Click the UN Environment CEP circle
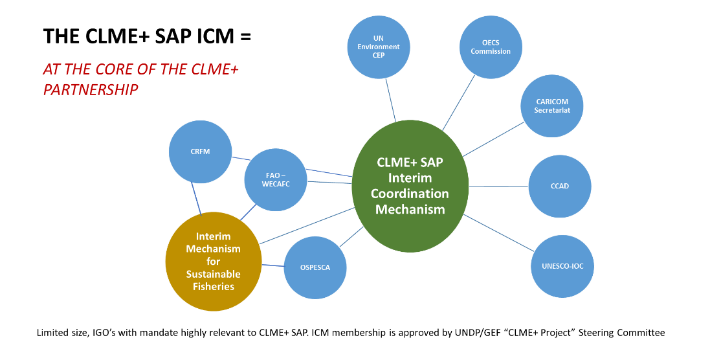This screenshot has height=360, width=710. pyautogui.click(x=379, y=47)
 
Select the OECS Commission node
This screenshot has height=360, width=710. pyautogui.click(x=491, y=47)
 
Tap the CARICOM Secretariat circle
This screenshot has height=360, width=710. pyautogui.click(x=553, y=106)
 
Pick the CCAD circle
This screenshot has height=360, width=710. pyautogui.click(x=560, y=186)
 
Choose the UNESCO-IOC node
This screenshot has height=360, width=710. pyautogui.click(x=562, y=266)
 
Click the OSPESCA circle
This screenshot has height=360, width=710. pyautogui.click(x=315, y=267)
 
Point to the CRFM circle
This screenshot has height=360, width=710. pyautogui.click(x=201, y=152)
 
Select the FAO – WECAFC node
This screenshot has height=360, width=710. pyautogui.click(x=276, y=179)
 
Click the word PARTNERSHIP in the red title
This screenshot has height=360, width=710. pyautogui.click(x=91, y=90)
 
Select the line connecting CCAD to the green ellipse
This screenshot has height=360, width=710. pyautogui.click(x=498, y=186)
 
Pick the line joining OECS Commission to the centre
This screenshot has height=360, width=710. pyautogui.click(x=459, y=103)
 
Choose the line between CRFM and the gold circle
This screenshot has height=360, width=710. pyautogui.click(x=196, y=197)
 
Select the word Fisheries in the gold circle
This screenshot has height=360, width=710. pyautogui.click(x=214, y=286)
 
